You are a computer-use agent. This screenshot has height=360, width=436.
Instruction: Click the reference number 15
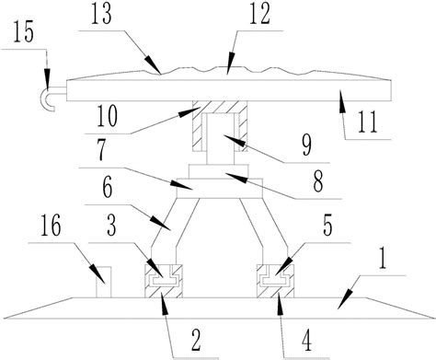23,32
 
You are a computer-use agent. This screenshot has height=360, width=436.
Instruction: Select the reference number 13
101,14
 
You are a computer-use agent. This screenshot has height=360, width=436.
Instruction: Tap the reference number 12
259,14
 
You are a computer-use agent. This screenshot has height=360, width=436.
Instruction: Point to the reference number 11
368,122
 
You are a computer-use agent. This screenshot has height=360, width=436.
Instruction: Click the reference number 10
107,116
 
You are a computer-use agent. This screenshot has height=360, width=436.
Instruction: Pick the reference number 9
306,145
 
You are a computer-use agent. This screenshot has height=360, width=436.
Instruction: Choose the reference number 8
318,181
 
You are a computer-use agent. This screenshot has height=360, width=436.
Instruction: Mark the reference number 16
51,226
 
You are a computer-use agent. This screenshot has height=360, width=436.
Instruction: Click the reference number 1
382,259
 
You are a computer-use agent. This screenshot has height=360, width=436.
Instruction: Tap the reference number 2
196,340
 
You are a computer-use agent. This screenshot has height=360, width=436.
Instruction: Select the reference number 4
306,341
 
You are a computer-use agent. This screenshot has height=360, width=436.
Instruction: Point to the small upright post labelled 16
103,282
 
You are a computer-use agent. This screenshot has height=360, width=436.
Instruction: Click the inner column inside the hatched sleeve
221,139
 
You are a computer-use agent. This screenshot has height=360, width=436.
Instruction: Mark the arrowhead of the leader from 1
346,299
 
